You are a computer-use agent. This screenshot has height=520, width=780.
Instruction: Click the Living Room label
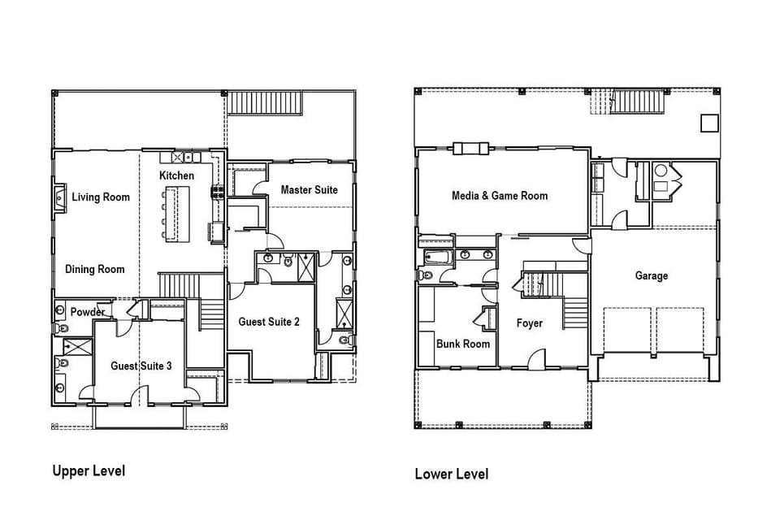101,197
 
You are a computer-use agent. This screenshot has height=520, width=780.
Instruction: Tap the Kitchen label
176,175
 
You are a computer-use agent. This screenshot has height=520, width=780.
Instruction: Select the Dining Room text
95,269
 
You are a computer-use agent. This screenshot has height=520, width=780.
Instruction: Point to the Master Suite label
309,189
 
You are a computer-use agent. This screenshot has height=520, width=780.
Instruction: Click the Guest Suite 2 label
269,322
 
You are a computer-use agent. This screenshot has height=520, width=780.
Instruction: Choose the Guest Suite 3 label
141,366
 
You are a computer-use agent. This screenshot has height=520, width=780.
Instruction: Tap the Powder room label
88,312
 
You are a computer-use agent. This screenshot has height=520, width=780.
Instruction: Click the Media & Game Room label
500,196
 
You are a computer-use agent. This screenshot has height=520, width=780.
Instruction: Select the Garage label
651,275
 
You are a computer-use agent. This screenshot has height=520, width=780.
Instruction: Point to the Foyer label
529,323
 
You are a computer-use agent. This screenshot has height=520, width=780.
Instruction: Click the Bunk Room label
462,344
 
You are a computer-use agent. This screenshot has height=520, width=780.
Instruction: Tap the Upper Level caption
89,470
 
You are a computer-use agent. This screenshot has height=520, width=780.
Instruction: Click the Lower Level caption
452,474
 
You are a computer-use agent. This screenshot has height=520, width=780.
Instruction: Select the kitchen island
178,214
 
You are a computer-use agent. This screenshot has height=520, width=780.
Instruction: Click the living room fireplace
59,198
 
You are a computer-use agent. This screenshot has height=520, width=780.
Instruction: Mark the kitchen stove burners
218,192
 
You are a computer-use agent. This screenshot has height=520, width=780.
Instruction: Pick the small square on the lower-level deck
709,123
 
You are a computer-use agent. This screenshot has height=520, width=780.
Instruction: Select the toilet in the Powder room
62,328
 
